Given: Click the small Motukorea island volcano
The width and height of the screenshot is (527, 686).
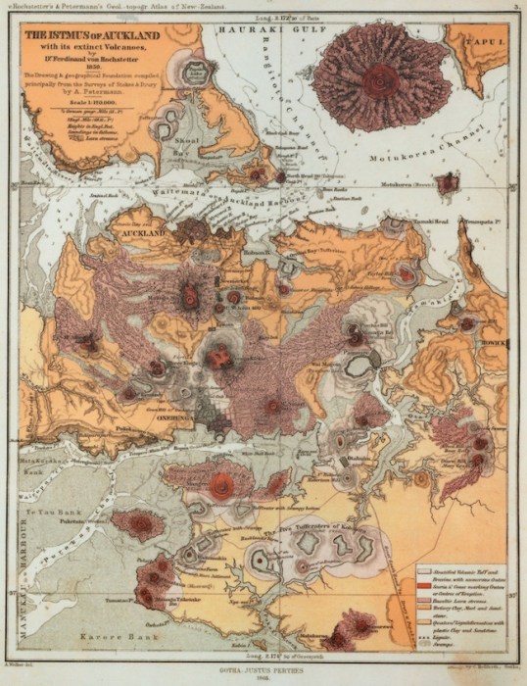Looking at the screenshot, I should (x=448, y=183).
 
